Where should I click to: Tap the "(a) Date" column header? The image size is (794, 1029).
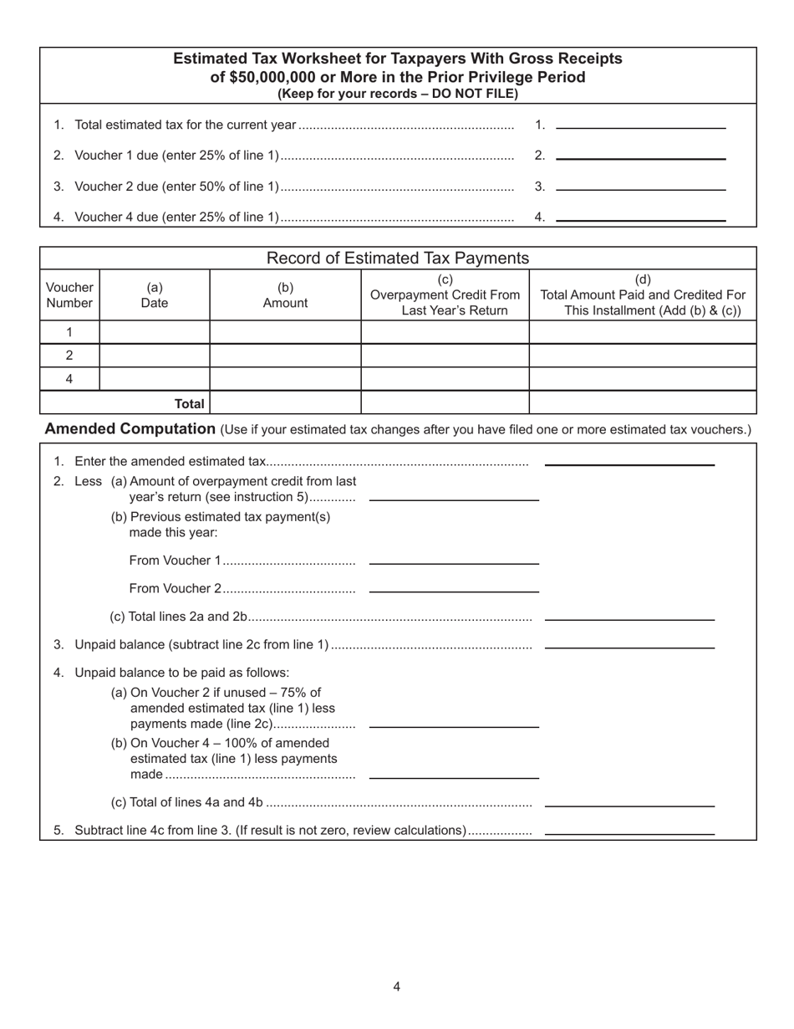[x=154, y=294]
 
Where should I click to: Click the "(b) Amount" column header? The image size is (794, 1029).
[x=285, y=294]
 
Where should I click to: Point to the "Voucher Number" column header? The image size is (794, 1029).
[x=69, y=294]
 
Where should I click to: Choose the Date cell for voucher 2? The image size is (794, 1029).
[x=154, y=355]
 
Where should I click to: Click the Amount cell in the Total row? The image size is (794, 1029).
[x=285, y=402]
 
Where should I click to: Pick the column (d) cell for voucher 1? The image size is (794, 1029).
[x=642, y=332]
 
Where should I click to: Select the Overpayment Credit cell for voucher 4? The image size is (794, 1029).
[x=445, y=378]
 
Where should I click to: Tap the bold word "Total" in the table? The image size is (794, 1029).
[x=189, y=403]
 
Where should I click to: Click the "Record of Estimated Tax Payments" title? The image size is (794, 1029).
[x=397, y=258]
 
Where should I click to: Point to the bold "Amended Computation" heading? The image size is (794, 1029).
[x=130, y=429]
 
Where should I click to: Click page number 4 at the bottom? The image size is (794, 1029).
[x=396, y=986]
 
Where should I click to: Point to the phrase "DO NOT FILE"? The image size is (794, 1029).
[x=475, y=94]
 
